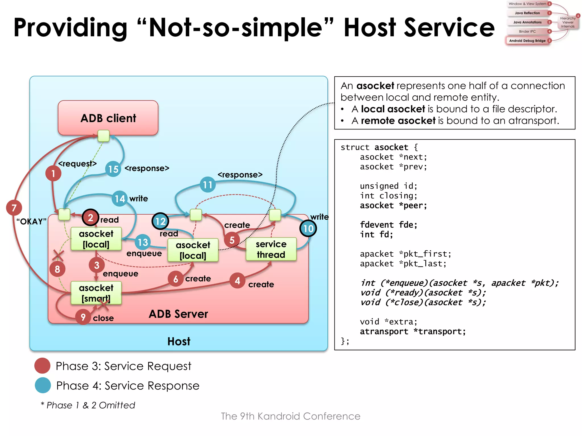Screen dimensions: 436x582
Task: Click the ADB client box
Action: tap(108, 118)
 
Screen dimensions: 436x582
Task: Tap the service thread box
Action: tap(271, 249)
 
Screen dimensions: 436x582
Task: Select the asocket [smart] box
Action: tap(96, 293)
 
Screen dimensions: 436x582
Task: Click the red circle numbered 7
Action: tap(14, 208)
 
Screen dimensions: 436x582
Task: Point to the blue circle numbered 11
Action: tap(207, 185)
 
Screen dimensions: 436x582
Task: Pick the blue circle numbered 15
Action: tap(113, 169)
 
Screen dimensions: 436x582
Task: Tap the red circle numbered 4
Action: tap(237, 281)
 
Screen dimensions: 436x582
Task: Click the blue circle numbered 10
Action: tap(308, 229)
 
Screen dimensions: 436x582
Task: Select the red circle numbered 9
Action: tap(83, 317)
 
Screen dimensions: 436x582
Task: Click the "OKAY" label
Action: tap(31, 221)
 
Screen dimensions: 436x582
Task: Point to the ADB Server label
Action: tap(178, 314)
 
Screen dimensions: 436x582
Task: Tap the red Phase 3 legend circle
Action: tap(42, 366)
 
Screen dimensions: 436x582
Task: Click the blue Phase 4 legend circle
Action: tap(43, 385)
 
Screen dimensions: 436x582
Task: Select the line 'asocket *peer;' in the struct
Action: tap(393, 206)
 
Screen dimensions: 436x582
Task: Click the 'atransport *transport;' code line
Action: tap(413, 332)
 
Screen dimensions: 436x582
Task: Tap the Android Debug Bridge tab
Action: tap(527, 41)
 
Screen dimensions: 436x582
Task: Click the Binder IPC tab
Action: tap(527, 31)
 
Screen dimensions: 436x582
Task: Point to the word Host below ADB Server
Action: tap(179, 341)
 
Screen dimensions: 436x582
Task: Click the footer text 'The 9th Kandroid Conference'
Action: tap(290, 416)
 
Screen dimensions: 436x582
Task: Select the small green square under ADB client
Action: tap(103, 136)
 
